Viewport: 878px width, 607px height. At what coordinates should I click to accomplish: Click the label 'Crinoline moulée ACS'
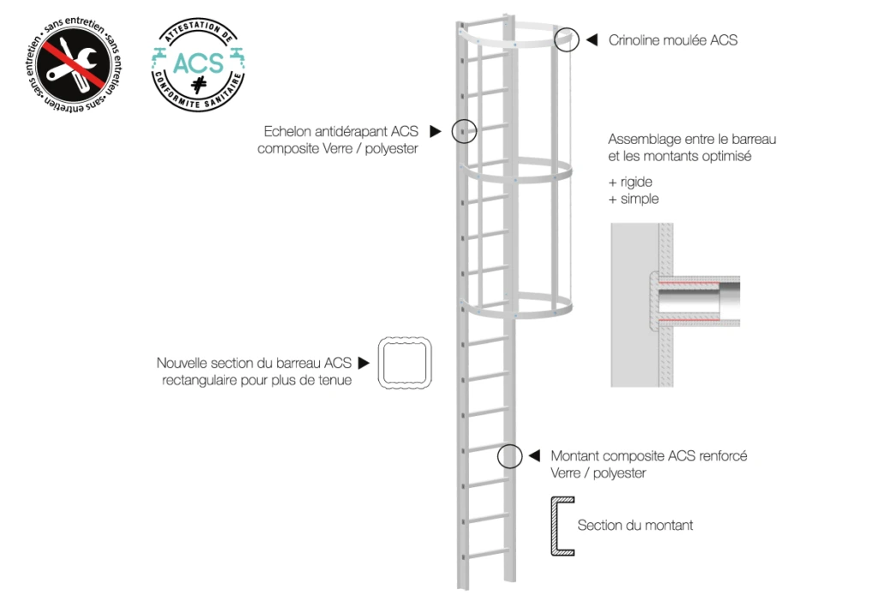click(x=672, y=40)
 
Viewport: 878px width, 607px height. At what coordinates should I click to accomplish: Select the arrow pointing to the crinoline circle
click(x=592, y=39)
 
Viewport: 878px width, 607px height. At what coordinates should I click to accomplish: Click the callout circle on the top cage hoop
click(x=567, y=39)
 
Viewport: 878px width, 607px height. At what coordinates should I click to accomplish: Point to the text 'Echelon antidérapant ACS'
click(x=340, y=132)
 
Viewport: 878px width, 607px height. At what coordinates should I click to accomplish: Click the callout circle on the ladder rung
click(x=464, y=131)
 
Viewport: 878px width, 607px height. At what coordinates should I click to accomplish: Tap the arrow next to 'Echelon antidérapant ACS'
click(x=435, y=132)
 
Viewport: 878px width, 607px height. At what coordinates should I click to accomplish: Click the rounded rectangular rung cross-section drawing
click(x=405, y=364)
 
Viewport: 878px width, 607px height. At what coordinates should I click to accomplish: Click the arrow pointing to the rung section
click(x=364, y=363)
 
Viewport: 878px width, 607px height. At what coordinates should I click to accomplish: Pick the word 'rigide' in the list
click(x=637, y=183)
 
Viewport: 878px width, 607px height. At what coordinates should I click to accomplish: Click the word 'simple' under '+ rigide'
click(x=640, y=199)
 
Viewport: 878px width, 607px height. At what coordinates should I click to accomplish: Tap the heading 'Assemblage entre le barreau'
click(x=691, y=138)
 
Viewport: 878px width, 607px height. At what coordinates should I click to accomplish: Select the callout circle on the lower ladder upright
click(x=510, y=456)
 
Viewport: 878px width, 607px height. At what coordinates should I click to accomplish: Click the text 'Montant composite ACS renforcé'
click(x=648, y=456)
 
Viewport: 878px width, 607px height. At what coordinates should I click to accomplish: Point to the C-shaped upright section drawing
click(x=561, y=526)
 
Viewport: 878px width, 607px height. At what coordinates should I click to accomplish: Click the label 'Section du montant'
click(x=634, y=525)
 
